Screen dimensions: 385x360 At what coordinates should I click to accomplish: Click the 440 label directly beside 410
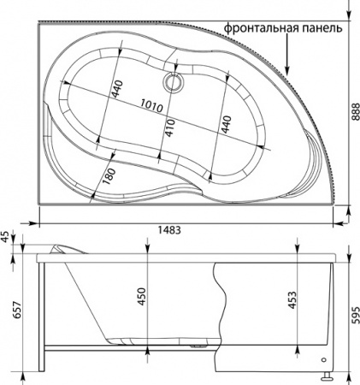[226, 123]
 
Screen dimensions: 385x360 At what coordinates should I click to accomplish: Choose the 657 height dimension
[9, 315]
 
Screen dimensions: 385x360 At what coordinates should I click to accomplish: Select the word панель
[321, 27]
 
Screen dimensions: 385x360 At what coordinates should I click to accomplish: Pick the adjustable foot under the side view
[326, 374]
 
